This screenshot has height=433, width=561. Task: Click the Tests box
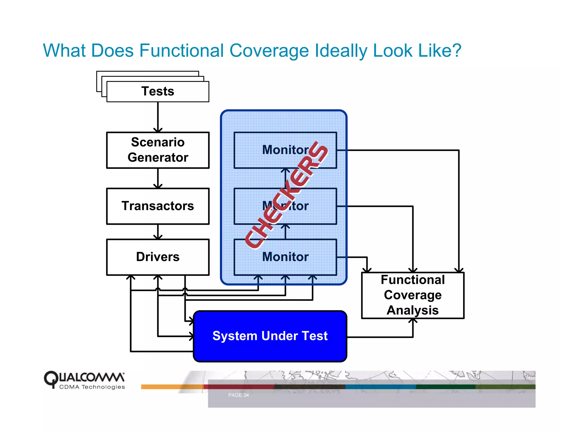point(158,91)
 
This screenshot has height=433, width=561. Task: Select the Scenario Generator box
point(158,150)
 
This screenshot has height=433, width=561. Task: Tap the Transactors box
point(158,206)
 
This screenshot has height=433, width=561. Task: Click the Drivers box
point(158,257)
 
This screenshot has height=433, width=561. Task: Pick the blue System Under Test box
point(270,336)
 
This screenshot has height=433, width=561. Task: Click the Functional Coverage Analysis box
point(413,295)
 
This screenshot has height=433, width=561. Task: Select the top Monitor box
point(285,150)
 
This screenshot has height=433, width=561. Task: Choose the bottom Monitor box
point(285,257)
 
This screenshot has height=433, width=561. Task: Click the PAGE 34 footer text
point(238,395)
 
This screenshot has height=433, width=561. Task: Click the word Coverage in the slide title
point(269,51)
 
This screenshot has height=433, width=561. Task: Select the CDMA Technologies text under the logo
point(92,387)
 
